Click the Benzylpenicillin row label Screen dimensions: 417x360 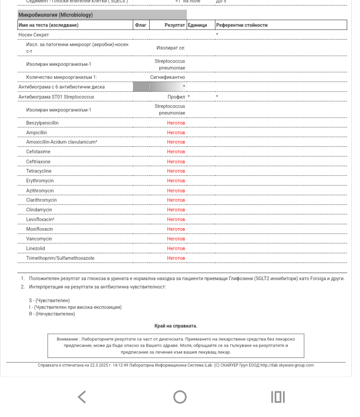click(43, 123)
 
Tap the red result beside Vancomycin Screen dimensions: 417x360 click(176, 239)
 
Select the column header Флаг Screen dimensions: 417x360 click(140, 25)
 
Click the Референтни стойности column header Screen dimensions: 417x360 click(242, 25)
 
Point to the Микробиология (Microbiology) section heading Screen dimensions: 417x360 click(56, 15)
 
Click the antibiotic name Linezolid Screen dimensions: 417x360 click(36, 248)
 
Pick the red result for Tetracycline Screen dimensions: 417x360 click(176, 171)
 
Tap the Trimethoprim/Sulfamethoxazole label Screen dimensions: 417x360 click(60, 258)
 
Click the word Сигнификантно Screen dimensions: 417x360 click(168, 77)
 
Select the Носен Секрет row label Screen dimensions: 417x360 click(34, 35)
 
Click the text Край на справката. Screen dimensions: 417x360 click(176, 326)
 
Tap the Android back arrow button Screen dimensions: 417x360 click(82, 397)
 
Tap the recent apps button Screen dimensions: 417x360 click(278, 397)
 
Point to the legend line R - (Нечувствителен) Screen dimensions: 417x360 click(52, 314)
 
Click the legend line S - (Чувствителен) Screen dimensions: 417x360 click(49, 300)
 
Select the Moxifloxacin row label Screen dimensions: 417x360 click(39, 229)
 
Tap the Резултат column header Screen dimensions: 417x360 click(174, 25)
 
